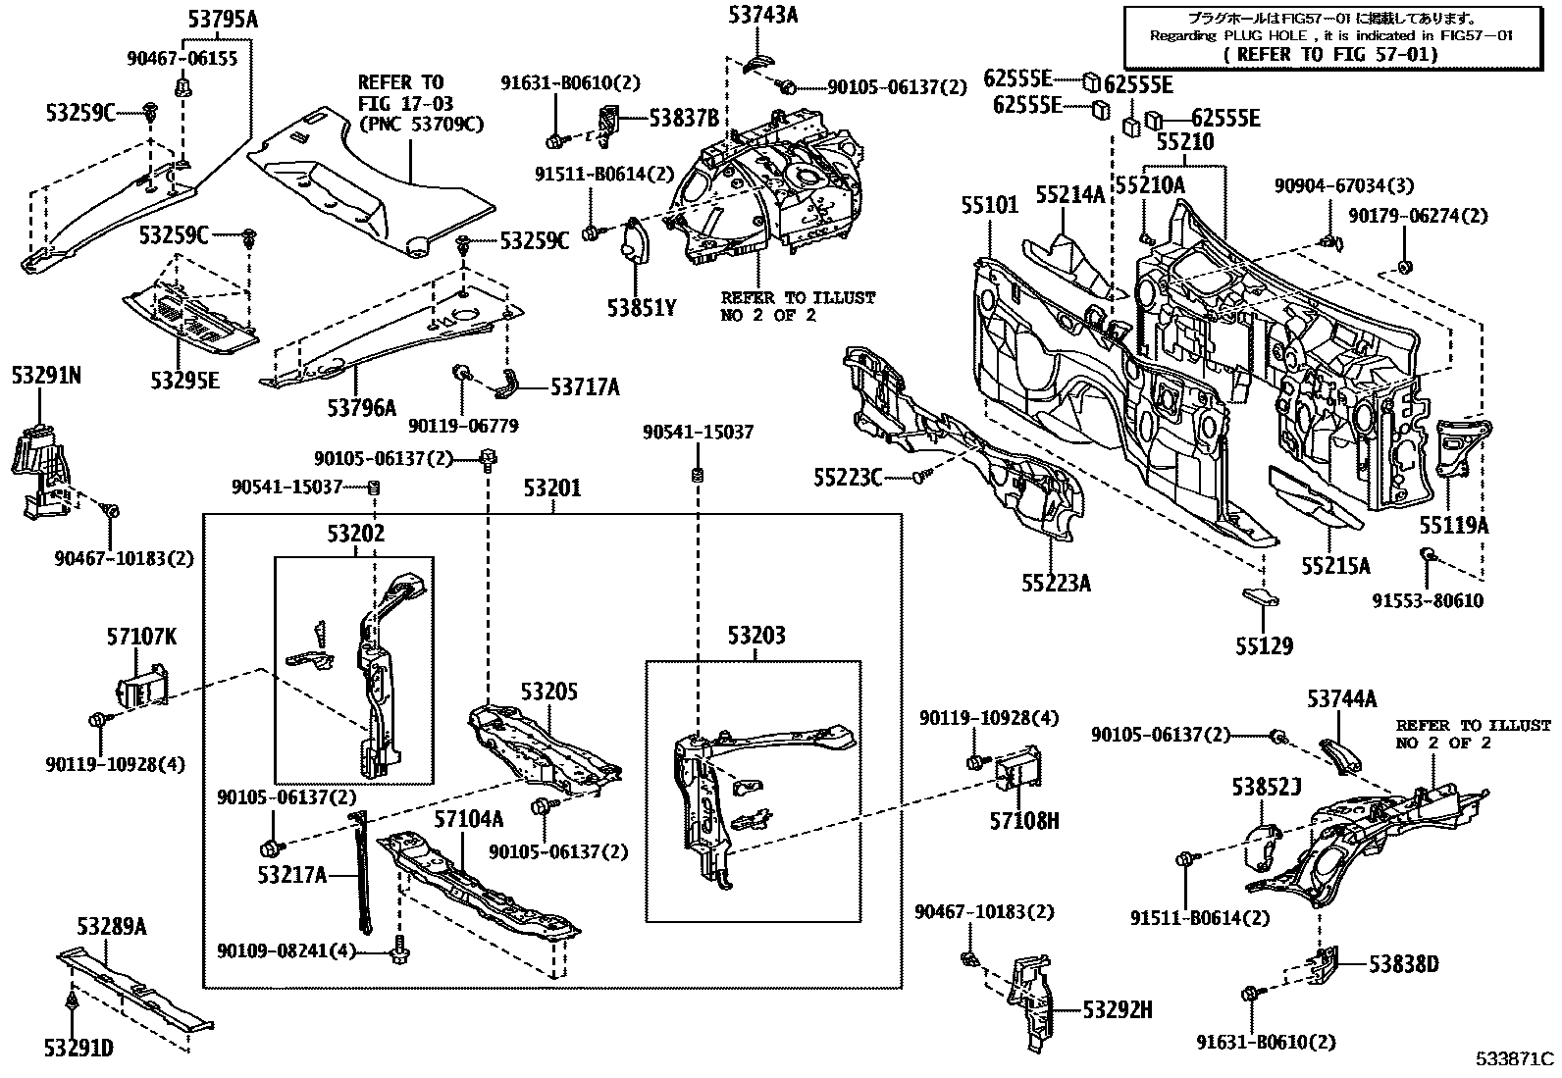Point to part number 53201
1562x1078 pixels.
tap(551, 488)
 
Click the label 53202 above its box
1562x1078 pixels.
tap(355, 534)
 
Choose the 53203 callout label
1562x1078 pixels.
tap(756, 636)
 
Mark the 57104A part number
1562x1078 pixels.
tap(469, 819)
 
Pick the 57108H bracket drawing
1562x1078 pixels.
tap(1019, 764)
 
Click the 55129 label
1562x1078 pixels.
tap(1265, 646)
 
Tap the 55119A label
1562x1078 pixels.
tap(1454, 526)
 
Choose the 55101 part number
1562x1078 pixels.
tap(990, 205)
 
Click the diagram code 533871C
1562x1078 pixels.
tap(1517, 1058)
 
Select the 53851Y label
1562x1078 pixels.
tap(642, 308)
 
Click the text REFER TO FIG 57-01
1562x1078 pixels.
tap(1330, 55)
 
